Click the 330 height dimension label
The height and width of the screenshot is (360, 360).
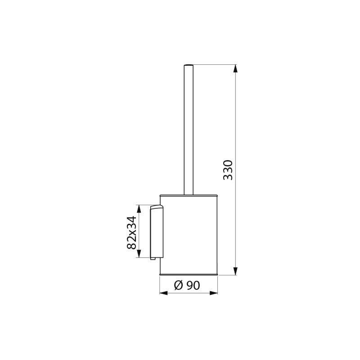(228, 170)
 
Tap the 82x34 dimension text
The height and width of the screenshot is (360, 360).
(131, 232)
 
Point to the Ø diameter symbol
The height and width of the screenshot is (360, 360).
(178, 284)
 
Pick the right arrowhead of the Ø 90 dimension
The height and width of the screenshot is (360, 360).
(214, 293)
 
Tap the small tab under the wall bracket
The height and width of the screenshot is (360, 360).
(153, 259)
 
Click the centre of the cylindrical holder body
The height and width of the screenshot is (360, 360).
(189, 234)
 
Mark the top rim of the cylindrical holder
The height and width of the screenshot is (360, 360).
(189, 195)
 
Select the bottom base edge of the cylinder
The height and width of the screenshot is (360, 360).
(189, 274)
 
